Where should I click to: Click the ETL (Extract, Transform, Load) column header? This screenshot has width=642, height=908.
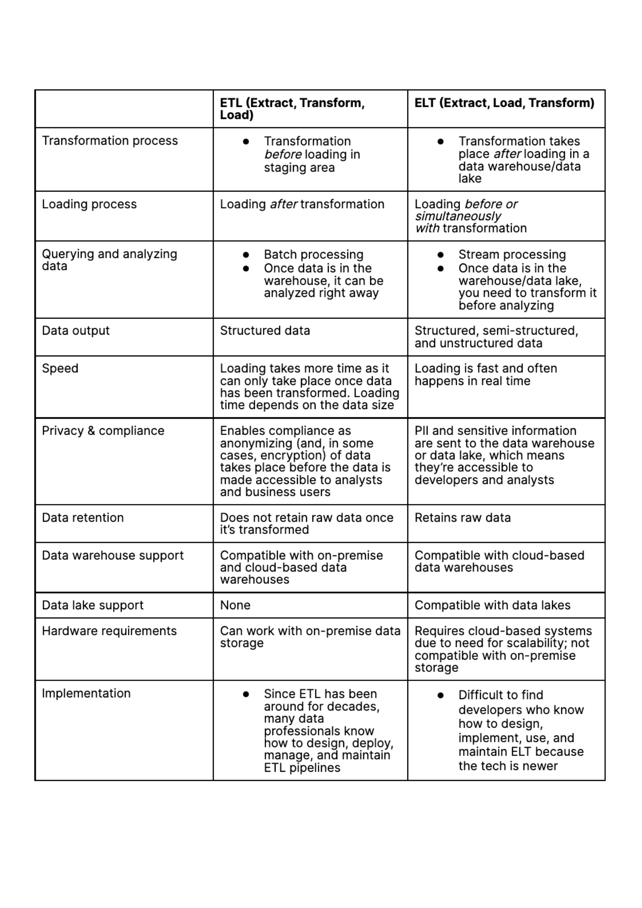[x=292, y=109]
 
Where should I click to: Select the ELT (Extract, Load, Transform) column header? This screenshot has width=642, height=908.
[x=504, y=103]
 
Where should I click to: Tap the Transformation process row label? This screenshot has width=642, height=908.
[x=110, y=141]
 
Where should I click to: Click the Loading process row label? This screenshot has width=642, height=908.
[x=89, y=204]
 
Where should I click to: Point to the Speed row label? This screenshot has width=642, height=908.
[x=60, y=368]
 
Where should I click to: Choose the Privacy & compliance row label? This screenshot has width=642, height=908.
[x=103, y=430]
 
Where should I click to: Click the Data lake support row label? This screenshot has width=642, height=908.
[x=93, y=605]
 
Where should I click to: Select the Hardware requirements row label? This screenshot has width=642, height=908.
[x=109, y=631]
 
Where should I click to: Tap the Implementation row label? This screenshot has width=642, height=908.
[x=86, y=693]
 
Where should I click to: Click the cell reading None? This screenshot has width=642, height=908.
[x=235, y=605]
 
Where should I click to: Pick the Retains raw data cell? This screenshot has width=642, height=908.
[x=462, y=518]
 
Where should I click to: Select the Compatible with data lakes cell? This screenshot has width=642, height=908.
[x=492, y=605]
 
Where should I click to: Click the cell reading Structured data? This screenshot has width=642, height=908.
[x=265, y=331]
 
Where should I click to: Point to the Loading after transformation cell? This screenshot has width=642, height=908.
[x=302, y=204]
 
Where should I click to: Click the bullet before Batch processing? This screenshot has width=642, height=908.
[x=246, y=255]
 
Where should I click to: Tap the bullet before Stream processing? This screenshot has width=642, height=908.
[x=440, y=255]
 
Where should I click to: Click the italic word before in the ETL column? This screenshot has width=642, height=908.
[x=283, y=154]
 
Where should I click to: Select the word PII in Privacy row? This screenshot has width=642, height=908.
[x=421, y=430]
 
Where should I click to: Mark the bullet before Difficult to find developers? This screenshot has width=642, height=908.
[x=440, y=695]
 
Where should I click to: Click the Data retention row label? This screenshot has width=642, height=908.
[x=83, y=518]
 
